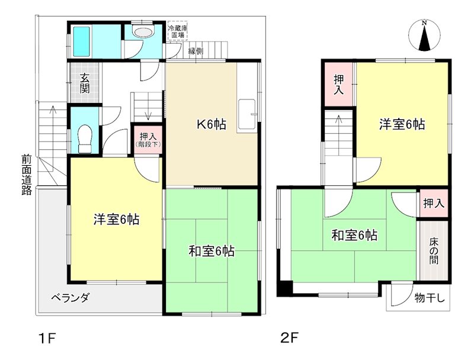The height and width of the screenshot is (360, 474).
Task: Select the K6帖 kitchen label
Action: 211,124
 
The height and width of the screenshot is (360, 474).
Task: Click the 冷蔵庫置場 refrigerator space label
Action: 177,32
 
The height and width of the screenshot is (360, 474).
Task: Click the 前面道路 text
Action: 26,175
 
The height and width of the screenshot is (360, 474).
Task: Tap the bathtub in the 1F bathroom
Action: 82,40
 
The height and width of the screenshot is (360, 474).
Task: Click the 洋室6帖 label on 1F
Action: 116,220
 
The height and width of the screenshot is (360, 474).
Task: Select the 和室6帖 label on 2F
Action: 354,236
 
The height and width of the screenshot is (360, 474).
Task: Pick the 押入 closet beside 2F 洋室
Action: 339,84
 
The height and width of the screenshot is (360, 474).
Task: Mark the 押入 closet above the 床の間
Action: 434,203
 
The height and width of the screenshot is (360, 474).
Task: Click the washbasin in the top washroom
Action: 142,32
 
